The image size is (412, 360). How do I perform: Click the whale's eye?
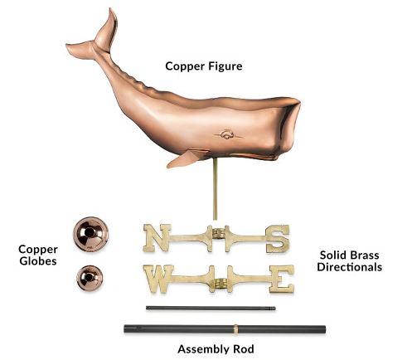pyautogui.click(x=227, y=134)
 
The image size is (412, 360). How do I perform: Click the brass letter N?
pyautogui.click(x=157, y=238)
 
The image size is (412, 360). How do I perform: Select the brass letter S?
pyautogui.click(x=278, y=239)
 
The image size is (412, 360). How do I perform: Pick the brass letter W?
pyautogui.click(x=158, y=279)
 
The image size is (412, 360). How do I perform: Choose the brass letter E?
pyautogui.click(x=282, y=279)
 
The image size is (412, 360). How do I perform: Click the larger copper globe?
pyautogui.click(x=90, y=234)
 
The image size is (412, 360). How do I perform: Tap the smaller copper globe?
pyautogui.click(x=90, y=278)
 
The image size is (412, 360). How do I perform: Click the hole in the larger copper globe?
pyautogui.click(x=90, y=232)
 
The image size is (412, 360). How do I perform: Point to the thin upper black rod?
pyautogui.click(x=211, y=308)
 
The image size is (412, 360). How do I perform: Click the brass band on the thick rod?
pyautogui.click(x=235, y=328)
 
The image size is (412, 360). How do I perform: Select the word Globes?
pyautogui.click(x=38, y=261)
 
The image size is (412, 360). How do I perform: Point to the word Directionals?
pyautogui.click(x=350, y=267)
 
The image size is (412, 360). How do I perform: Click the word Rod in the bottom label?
pyautogui.click(x=244, y=349)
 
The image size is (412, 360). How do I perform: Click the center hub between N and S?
pyautogui.click(x=219, y=235)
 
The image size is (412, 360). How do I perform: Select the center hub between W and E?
pyautogui.click(x=221, y=283)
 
